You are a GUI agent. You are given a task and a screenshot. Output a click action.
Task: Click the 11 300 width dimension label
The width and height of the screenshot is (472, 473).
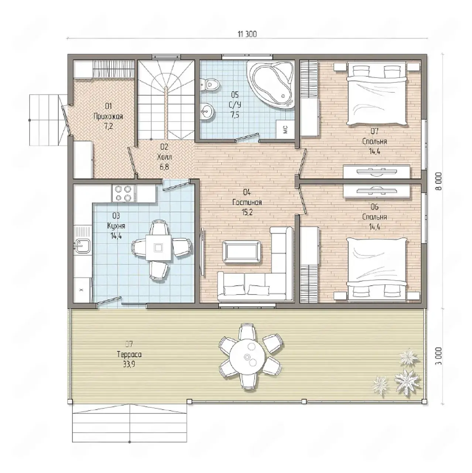247,34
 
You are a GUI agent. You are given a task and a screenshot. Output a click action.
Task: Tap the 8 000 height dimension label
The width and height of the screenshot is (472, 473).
439,181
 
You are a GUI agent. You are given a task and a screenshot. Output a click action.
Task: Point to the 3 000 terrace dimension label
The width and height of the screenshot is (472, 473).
439,356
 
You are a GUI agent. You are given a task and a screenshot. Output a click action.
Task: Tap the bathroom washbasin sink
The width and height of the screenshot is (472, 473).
207,112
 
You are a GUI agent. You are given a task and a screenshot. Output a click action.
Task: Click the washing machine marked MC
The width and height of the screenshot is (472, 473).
285,129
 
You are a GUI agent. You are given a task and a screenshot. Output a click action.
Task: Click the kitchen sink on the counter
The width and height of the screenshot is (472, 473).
82,246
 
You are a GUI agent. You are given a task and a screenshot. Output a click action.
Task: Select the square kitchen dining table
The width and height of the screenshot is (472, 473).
158,248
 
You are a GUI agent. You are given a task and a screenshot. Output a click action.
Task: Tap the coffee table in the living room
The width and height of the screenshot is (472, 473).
242,252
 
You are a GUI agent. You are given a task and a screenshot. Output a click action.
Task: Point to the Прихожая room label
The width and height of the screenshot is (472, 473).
108,117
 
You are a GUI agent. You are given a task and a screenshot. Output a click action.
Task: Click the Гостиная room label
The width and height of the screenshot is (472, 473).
247,203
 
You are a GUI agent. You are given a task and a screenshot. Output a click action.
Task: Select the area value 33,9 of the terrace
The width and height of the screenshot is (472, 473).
129,364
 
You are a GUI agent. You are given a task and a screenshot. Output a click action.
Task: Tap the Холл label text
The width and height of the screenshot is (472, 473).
164,157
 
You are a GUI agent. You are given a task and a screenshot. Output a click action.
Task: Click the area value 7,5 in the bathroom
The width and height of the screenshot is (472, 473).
235,115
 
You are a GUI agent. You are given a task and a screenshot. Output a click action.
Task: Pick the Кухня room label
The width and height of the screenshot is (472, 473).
116,225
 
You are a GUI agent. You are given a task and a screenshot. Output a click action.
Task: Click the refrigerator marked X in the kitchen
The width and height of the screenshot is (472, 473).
82,290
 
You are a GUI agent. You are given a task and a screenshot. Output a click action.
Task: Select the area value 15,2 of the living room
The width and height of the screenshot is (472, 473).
247,212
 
